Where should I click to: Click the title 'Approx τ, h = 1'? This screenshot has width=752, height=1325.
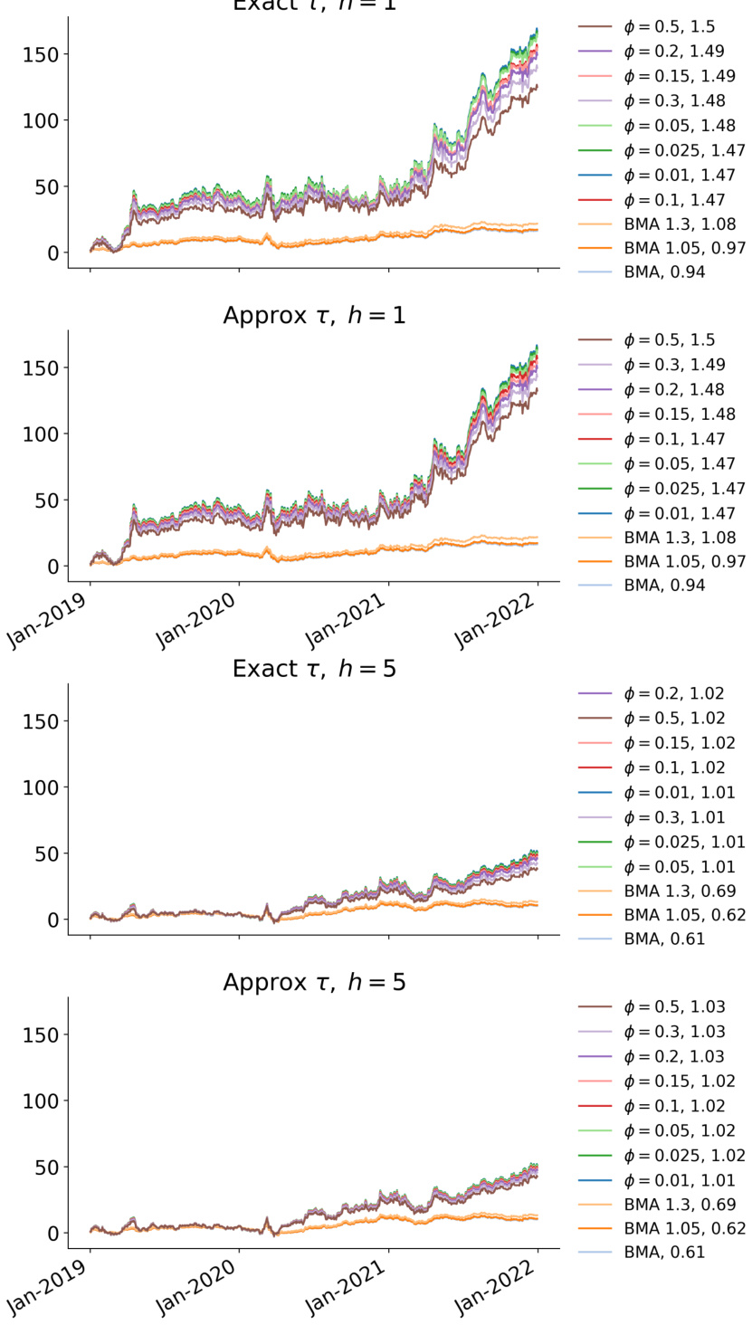pyautogui.click(x=314, y=316)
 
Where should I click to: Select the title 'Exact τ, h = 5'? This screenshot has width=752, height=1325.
pyautogui.click(x=314, y=669)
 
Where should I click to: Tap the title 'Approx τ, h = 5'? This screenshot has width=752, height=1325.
pyautogui.click(x=314, y=982)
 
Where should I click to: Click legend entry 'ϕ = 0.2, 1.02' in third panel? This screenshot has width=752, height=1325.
pyautogui.click(x=673, y=694)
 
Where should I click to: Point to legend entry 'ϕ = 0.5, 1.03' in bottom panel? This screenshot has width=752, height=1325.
pyautogui.click(x=673, y=1007)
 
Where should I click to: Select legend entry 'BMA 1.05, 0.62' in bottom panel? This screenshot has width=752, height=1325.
pyautogui.click(x=684, y=1228)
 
